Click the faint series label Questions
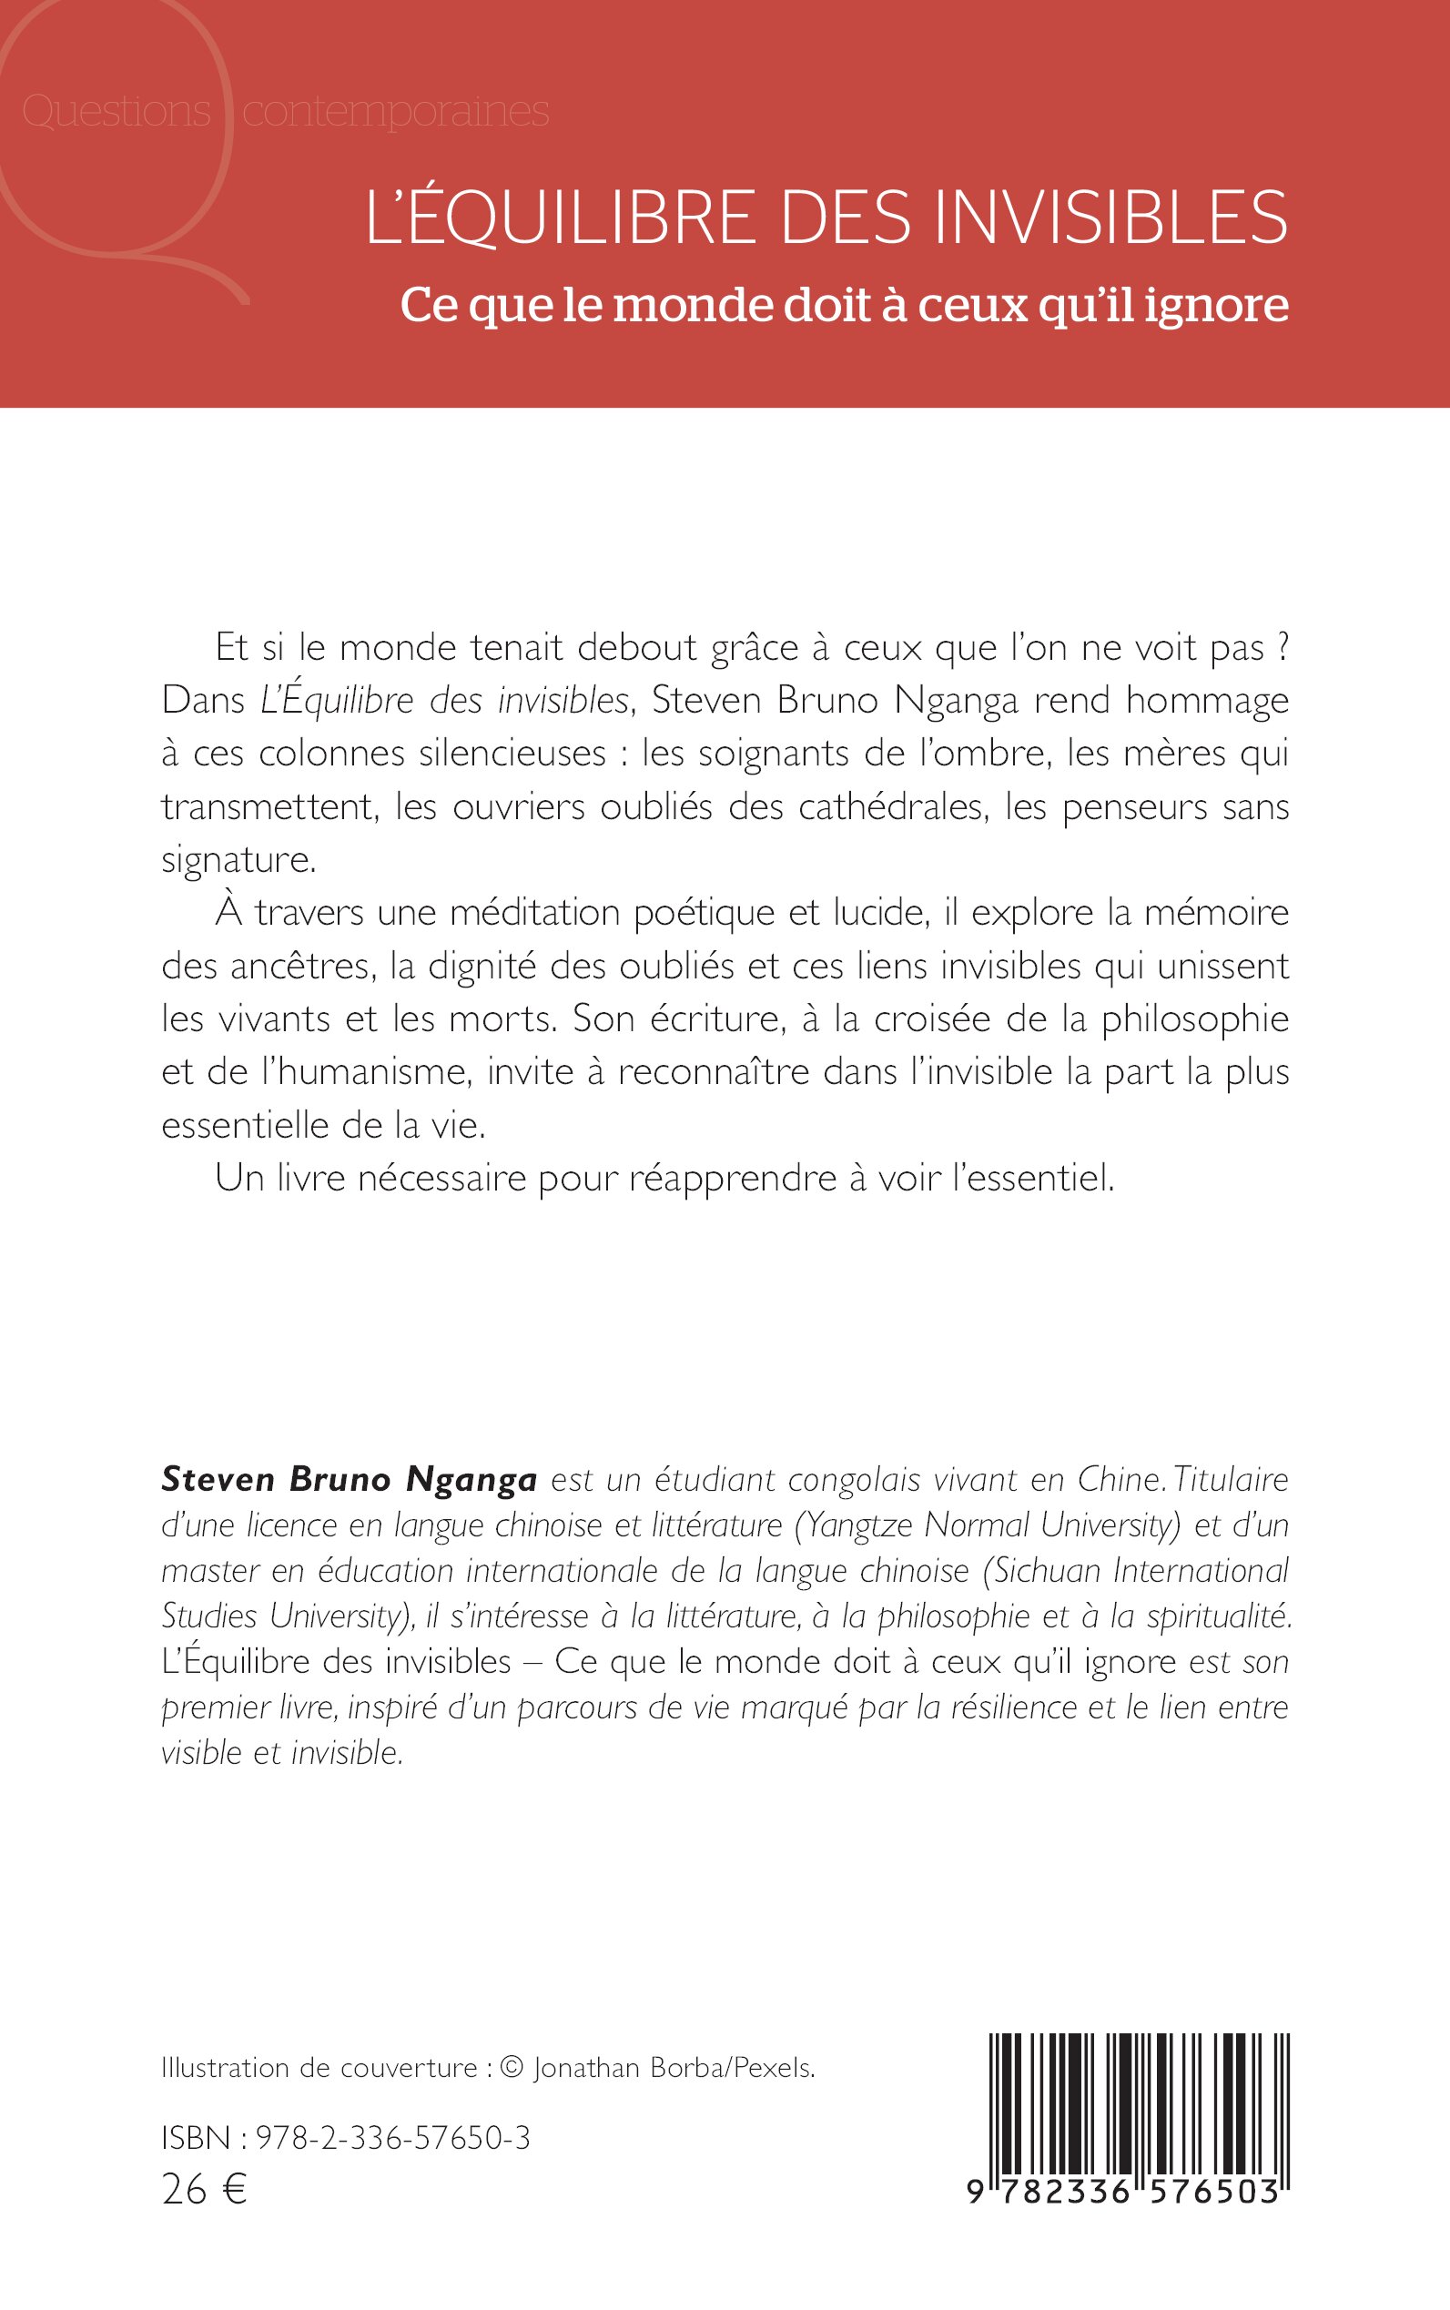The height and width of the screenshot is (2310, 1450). tap(116, 111)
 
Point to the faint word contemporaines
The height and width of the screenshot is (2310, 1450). tap(395, 112)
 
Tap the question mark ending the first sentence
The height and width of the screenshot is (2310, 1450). tap(1282, 648)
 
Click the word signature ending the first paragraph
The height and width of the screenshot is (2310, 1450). tap(238, 860)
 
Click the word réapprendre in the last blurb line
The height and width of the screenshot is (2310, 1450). tap(732, 1179)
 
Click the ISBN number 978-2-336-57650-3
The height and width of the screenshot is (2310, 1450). tap(393, 2137)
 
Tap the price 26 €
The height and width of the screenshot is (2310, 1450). tap(204, 2189)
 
